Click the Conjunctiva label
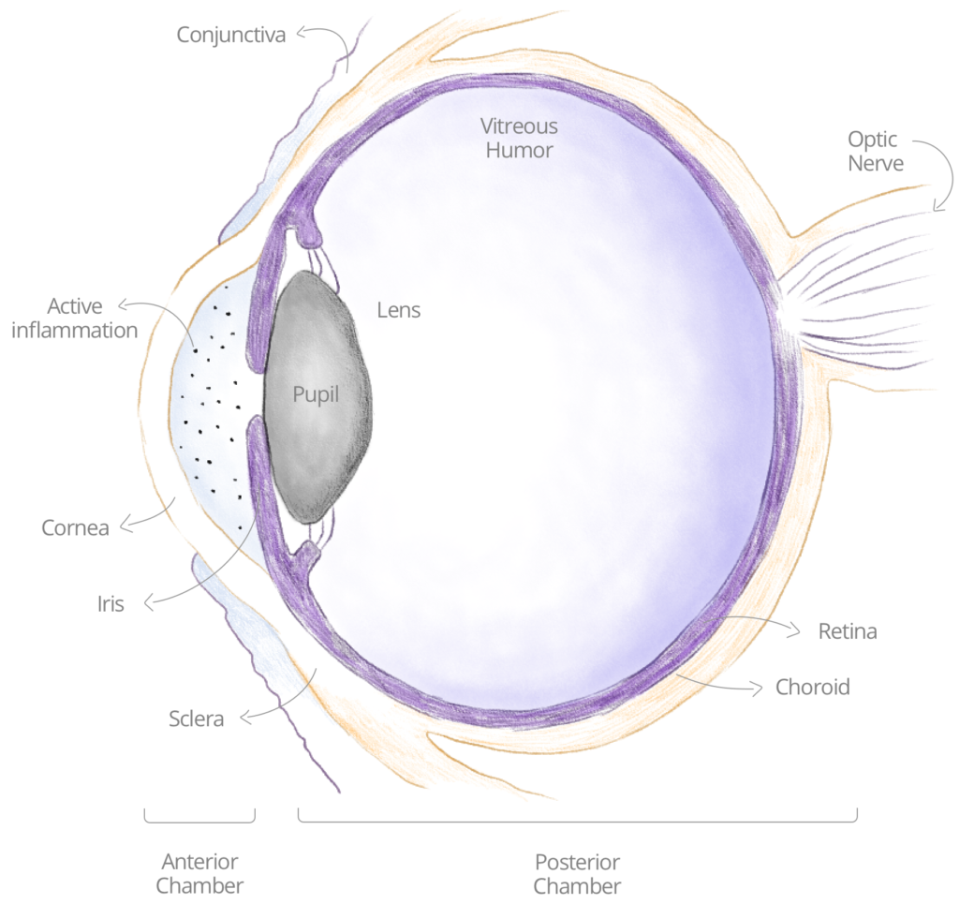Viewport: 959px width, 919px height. pos(230,35)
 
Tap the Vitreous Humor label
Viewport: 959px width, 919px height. pos(519,139)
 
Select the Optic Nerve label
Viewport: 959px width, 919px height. pos(876,151)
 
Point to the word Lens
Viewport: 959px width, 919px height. pos(399,310)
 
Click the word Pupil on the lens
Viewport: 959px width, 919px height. pos(316,394)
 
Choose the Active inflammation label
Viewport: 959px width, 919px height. pos(75,319)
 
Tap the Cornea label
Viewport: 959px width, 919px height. pos(75,528)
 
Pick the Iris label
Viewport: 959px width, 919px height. pos(111,604)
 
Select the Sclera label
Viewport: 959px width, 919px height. pos(197,719)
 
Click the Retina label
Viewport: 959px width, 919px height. pos(848,631)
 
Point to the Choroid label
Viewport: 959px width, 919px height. pos(813,687)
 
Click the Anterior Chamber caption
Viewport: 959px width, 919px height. pos(199,874)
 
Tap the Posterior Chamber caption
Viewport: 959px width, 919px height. pos(577,874)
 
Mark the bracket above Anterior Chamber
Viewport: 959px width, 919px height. pos(199,821)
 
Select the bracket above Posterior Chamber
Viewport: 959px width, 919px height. pos(577,821)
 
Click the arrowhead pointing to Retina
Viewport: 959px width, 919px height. pos(795,630)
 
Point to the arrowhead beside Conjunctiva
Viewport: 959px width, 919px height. pos(301,33)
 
